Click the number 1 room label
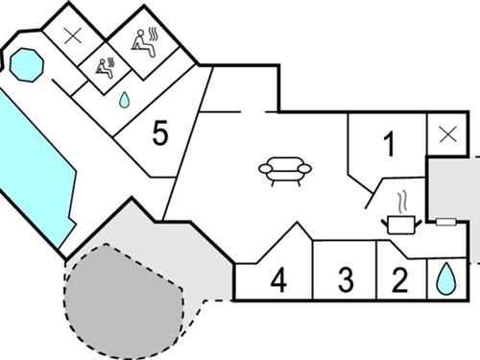(x=389, y=146)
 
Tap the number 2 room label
(x=401, y=280)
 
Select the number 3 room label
(x=346, y=280)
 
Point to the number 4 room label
(x=278, y=281)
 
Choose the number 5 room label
(x=160, y=134)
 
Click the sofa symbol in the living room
(x=285, y=171)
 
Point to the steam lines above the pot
(x=404, y=202)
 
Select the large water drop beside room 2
(x=444, y=279)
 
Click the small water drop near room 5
(x=125, y=99)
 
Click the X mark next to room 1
(x=445, y=134)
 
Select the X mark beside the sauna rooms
(x=72, y=36)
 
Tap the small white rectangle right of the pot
(x=444, y=222)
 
